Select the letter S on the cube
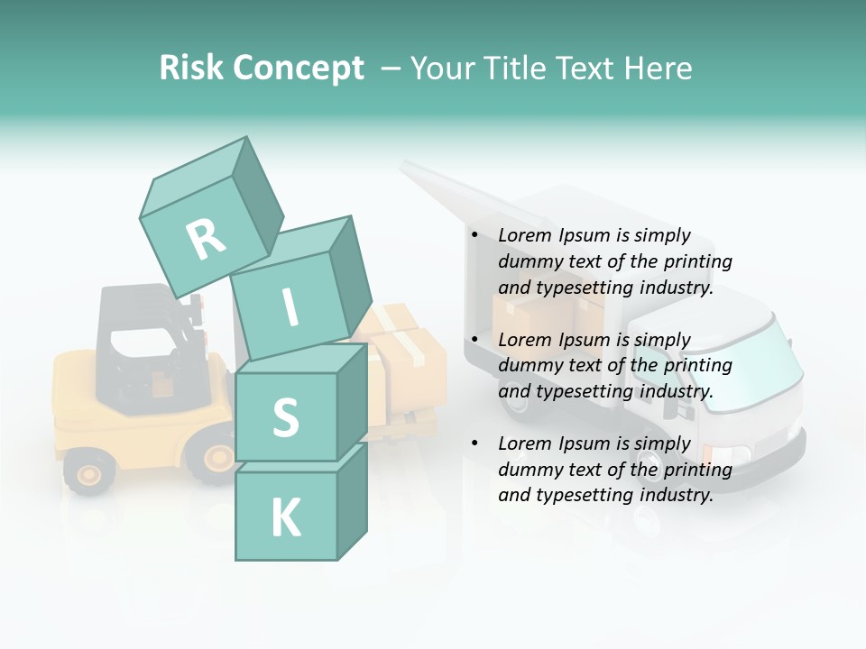tap(285, 418)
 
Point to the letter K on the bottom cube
tap(285, 518)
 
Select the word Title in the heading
tap(512, 68)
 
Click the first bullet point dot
tap(474, 236)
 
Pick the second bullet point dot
tap(474, 340)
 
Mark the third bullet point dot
tap(474, 443)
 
